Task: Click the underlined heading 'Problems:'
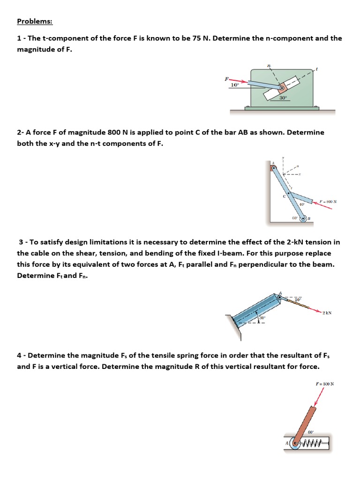click(x=35, y=21)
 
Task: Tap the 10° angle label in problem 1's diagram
click(x=234, y=85)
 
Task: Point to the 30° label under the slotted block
click(x=283, y=97)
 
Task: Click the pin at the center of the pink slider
click(x=281, y=88)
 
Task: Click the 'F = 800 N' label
click(x=328, y=202)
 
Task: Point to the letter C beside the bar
click(x=284, y=197)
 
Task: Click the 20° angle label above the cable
click(x=298, y=300)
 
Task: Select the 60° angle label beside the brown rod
click(x=310, y=431)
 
